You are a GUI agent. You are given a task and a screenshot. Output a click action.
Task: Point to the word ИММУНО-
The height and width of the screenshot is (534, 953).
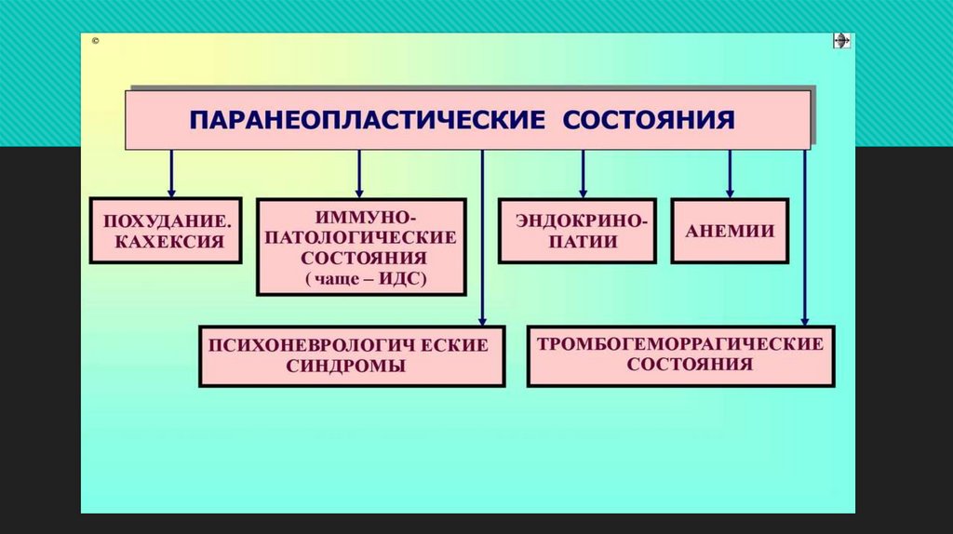coord(362,216)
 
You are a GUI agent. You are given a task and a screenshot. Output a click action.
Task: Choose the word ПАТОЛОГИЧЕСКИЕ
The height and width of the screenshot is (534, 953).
coord(361,236)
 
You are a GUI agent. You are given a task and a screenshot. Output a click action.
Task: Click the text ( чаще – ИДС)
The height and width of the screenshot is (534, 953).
coord(361,278)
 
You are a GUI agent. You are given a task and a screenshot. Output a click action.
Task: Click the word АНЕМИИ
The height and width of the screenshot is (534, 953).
coord(730,231)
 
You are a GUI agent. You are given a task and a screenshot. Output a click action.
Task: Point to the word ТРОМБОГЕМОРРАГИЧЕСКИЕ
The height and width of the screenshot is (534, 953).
coord(680,343)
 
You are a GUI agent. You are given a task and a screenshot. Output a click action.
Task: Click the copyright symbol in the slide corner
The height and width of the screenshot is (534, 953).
coord(96,42)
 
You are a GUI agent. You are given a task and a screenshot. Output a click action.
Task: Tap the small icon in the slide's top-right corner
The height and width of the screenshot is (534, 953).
coord(840,42)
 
